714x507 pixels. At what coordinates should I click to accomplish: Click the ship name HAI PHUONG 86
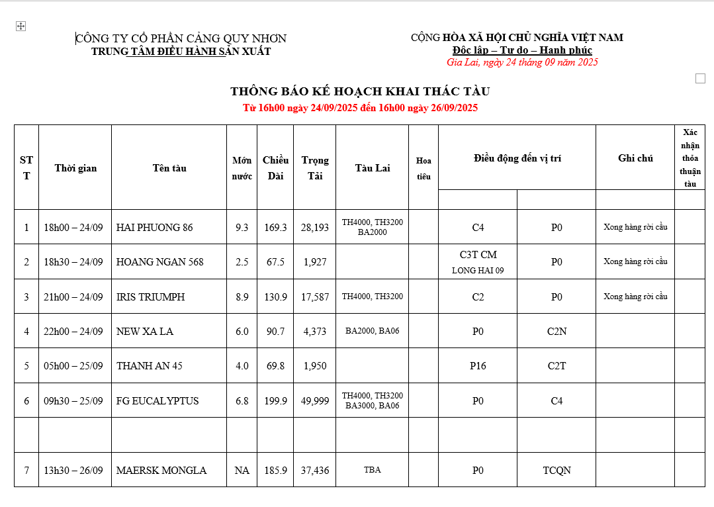click(x=155, y=228)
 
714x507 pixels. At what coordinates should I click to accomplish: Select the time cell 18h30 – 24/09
click(x=73, y=262)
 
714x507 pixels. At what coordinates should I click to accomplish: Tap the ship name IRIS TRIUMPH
click(x=151, y=297)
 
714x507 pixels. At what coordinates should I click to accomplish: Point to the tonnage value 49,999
click(x=315, y=401)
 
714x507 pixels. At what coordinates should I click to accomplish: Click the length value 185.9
click(x=275, y=471)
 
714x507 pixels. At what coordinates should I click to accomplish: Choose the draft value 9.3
click(x=242, y=228)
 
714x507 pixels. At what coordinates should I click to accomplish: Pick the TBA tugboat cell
click(x=373, y=470)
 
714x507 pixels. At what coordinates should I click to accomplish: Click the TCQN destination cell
click(x=557, y=471)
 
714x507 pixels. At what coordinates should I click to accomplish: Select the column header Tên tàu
click(x=169, y=168)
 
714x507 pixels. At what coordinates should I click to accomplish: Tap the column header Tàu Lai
click(x=373, y=168)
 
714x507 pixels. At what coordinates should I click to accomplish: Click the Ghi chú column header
click(x=635, y=158)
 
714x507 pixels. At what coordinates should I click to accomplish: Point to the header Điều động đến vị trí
click(x=517, y=158)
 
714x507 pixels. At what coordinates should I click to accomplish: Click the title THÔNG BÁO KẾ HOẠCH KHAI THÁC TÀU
click(x=360, y=91)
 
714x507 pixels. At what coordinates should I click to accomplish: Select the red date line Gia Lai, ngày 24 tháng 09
click(x=522, y=62)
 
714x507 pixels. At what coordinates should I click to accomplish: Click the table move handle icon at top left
click(x=21, y=26)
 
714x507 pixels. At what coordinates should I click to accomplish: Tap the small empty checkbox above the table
click(x=700, y=78)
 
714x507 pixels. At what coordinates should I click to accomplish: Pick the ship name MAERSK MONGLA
click(x=161, y=471)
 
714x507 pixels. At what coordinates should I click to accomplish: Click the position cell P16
click(x=478, y=366)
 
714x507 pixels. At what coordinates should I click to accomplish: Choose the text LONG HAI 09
click(x=478, y=270)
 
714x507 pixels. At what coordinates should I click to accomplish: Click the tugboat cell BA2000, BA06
click(x=373, y=331)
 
